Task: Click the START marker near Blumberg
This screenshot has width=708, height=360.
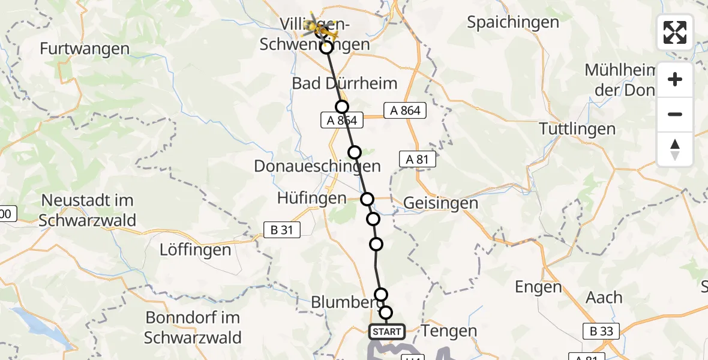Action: pyautogui.click(x=387, y=331)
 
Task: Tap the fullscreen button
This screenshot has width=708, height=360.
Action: pyautogui.click(x=675, y=32)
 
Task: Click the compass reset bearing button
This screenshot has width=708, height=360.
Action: pyautogui.click(x=675, y=149)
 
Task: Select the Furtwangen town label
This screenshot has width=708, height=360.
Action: pyautogui.click(x=85, y=49)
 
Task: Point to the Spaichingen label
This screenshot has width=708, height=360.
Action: pyautogui.click(x=513, y=23)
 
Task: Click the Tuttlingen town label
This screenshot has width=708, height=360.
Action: pyautogui.click(x=577, y=128)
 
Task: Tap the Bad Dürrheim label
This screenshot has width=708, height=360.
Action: pyautogui.click(x=344, y=83)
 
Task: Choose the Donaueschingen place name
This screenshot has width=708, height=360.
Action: pyautogui.click(x=317, y=166)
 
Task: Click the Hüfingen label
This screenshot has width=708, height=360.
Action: pyautogui.click(x=312, y=198)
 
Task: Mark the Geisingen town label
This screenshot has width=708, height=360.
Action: pyautogui.click(x=440, y=203)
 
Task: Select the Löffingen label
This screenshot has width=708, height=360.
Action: pyautogui.click(x=195, y=250)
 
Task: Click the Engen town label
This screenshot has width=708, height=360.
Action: pyautogui.click(x=538, y=287)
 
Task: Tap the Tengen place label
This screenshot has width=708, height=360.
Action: pyautogui.click(x=449, y=331)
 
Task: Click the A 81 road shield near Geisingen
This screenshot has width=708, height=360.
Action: pyautogui.click(x=417, y=159)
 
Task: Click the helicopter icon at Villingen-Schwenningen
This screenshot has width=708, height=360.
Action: pyautogui.click(x=317, y=26)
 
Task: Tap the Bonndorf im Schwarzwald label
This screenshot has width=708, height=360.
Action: pyautogui.click(x=193, y=327)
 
